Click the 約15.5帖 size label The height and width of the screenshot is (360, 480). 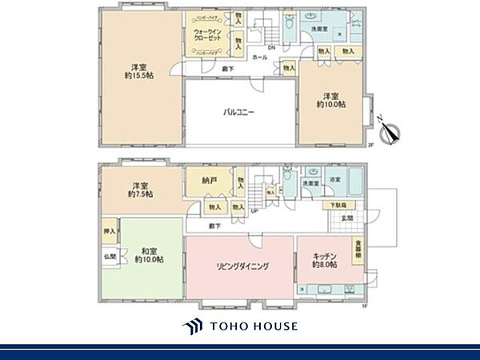point(139,77)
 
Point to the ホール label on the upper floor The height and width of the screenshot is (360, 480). point(259,58)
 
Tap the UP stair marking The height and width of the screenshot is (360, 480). point(254,210)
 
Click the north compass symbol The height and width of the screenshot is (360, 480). point(392,132)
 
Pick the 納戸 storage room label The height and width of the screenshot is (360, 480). point(210,182)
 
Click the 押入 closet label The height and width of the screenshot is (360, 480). point(110,232)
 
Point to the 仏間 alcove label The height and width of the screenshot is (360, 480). point(110,257)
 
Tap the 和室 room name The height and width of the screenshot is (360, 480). point(150,249)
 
